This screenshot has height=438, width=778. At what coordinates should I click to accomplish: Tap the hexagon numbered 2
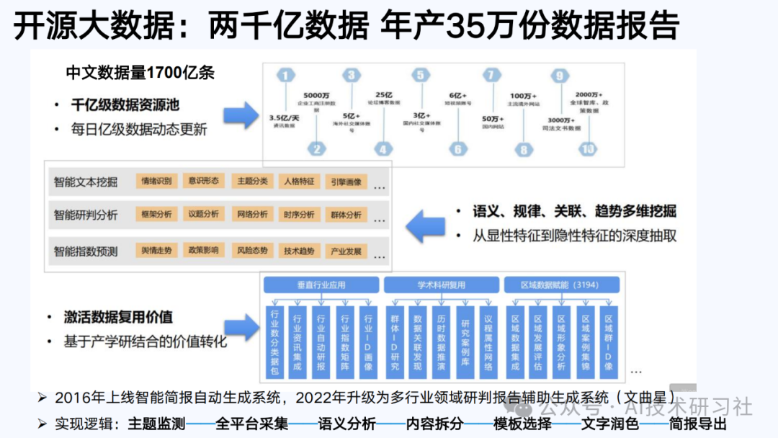(x=316, y=149)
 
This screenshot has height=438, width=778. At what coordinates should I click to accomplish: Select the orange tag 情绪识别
(x=156, y=182)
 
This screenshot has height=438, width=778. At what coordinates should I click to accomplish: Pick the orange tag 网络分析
(x=251, y=215)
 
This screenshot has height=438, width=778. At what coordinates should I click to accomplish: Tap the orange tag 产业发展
(x=346, y=251)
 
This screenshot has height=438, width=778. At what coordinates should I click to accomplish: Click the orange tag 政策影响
(x=204, y=251)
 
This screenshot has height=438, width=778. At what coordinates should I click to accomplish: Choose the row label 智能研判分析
(x=86, y=215)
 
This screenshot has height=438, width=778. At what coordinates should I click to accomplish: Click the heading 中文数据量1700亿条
(x=140, y=73)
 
